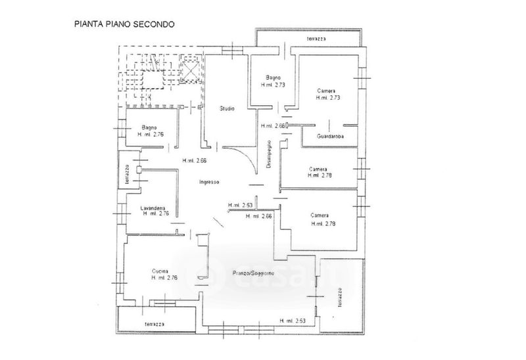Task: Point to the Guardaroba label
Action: [x=331, y=136]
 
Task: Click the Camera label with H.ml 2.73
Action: [x=327, y=90]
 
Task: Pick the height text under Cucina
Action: [x=164, y=279]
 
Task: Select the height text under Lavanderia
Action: [x=156, y=214]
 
